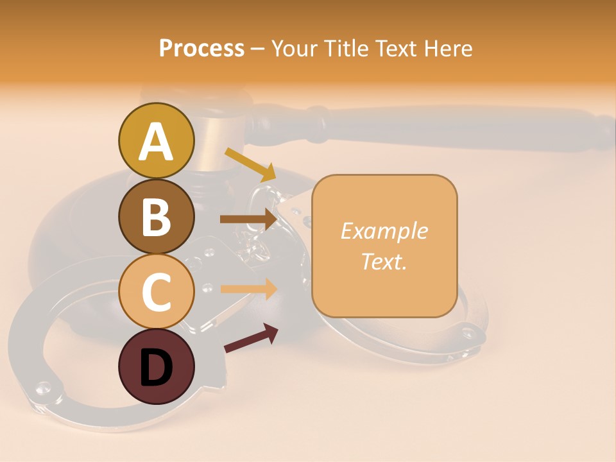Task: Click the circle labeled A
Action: coord(156,141)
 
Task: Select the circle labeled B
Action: coord(156,216)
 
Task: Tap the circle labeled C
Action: coord(156,291)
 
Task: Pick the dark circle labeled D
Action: coord(156,366)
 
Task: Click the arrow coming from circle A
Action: coord(250,164)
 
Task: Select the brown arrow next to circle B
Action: coord(248,219)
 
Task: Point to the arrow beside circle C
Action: coord(248,289)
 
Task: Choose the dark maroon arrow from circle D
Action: coord(251,338)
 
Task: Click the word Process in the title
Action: coord(201,49)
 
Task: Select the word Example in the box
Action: coord(384,231)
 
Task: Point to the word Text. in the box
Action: coord(384,261)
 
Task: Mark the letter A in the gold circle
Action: coord(156,141)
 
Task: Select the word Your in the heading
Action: coord(295,49)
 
